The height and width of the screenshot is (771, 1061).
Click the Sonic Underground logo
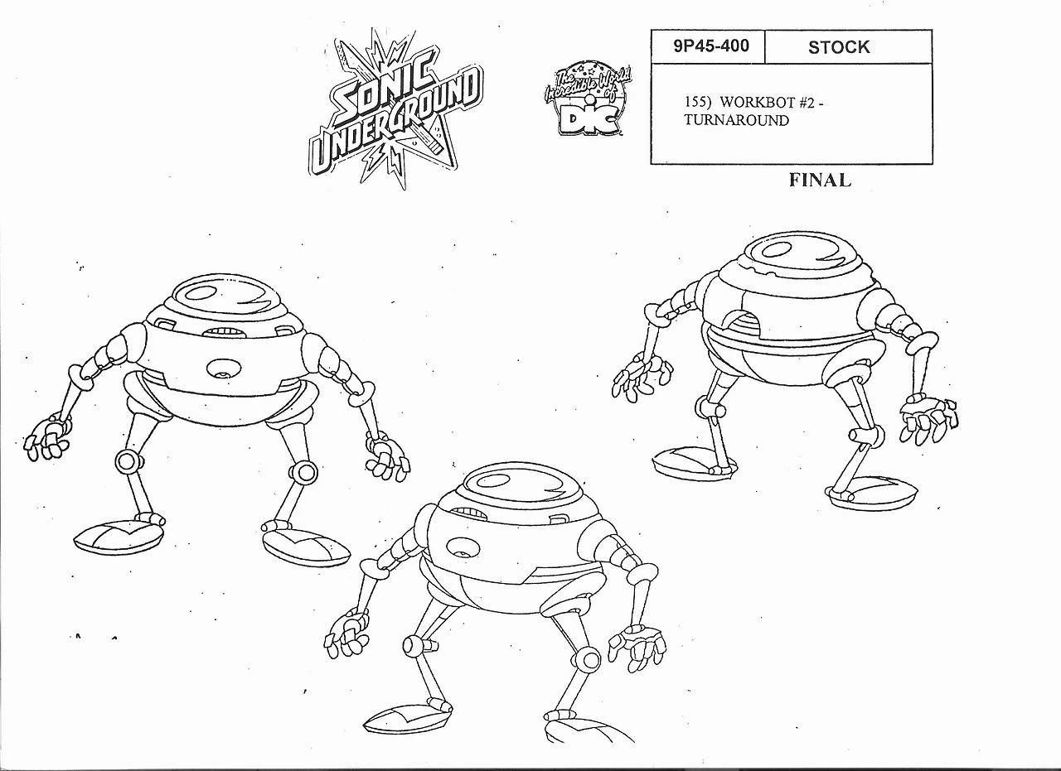[x=394, y=108]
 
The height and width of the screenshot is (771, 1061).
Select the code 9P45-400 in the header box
[x=706, y=46]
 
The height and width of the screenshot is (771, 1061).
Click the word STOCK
[x=839, y=47]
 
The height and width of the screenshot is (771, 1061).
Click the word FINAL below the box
[x=820, y=180]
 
